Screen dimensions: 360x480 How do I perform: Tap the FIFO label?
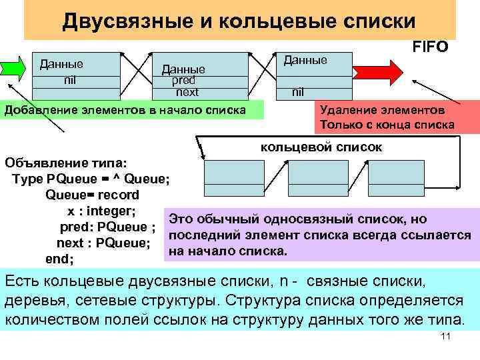(431, 47)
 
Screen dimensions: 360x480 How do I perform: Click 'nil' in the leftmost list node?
(69, 80)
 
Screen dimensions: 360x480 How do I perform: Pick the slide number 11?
(446, 337)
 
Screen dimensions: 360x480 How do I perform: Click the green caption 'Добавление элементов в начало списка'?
(126, 110)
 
